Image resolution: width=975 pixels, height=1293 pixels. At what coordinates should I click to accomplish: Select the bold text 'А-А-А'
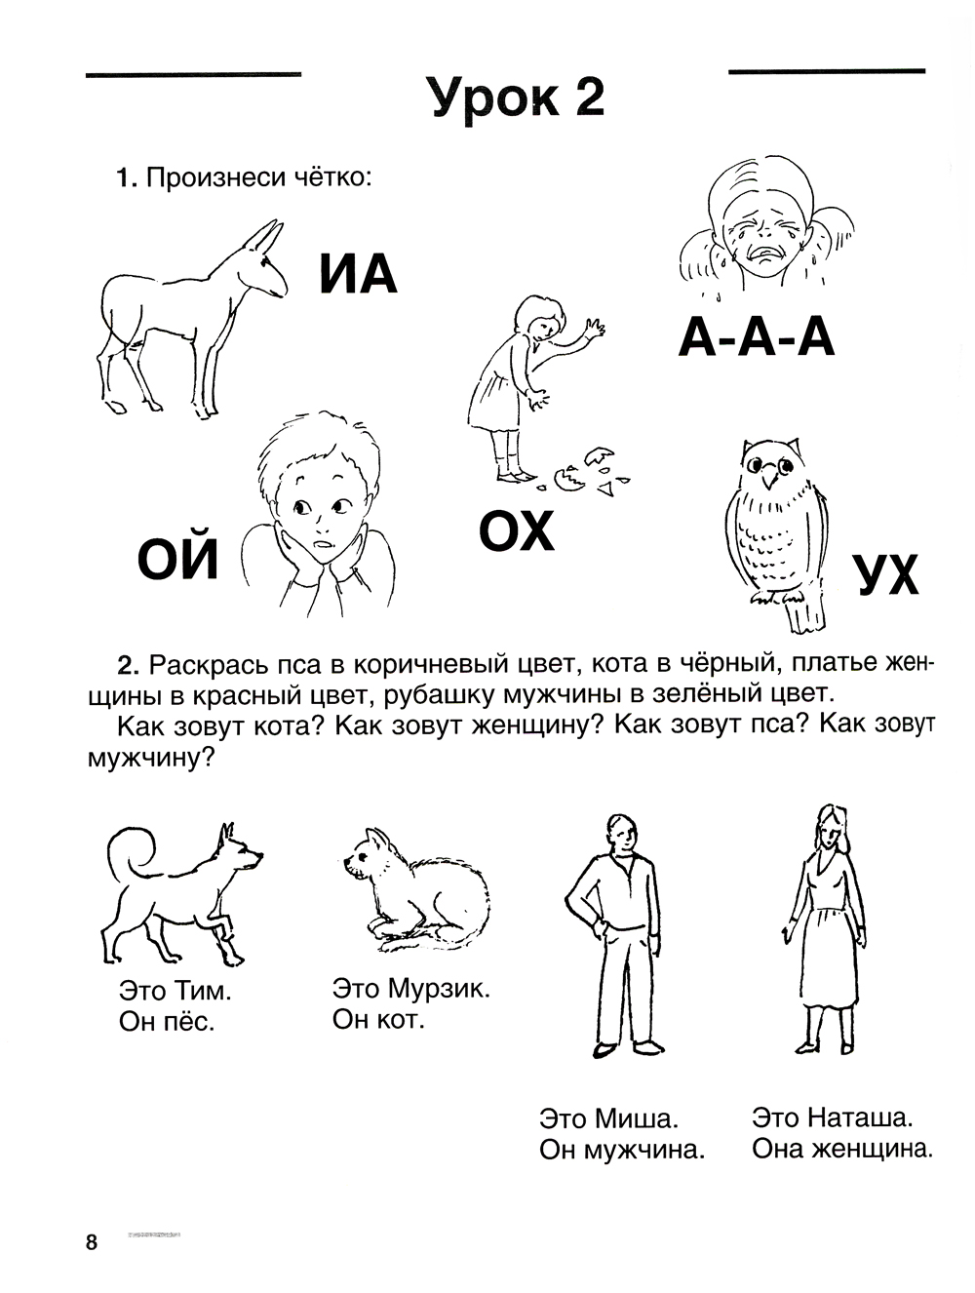point(757,338)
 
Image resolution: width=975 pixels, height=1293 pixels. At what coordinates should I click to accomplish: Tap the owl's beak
point(771,478)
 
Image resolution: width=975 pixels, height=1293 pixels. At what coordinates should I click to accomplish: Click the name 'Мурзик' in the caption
point(438,988)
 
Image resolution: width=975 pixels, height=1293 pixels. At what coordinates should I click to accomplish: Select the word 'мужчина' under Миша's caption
point(645,1151)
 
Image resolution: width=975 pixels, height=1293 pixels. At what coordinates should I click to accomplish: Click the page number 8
point(92,1242)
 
